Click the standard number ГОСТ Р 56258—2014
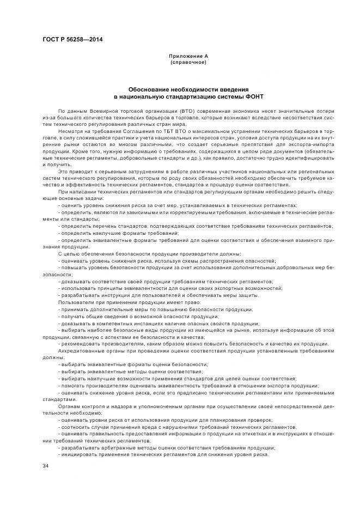(x=72, y=40)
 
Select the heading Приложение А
(x=188, y=56)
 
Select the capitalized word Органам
(x=69, y=406)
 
